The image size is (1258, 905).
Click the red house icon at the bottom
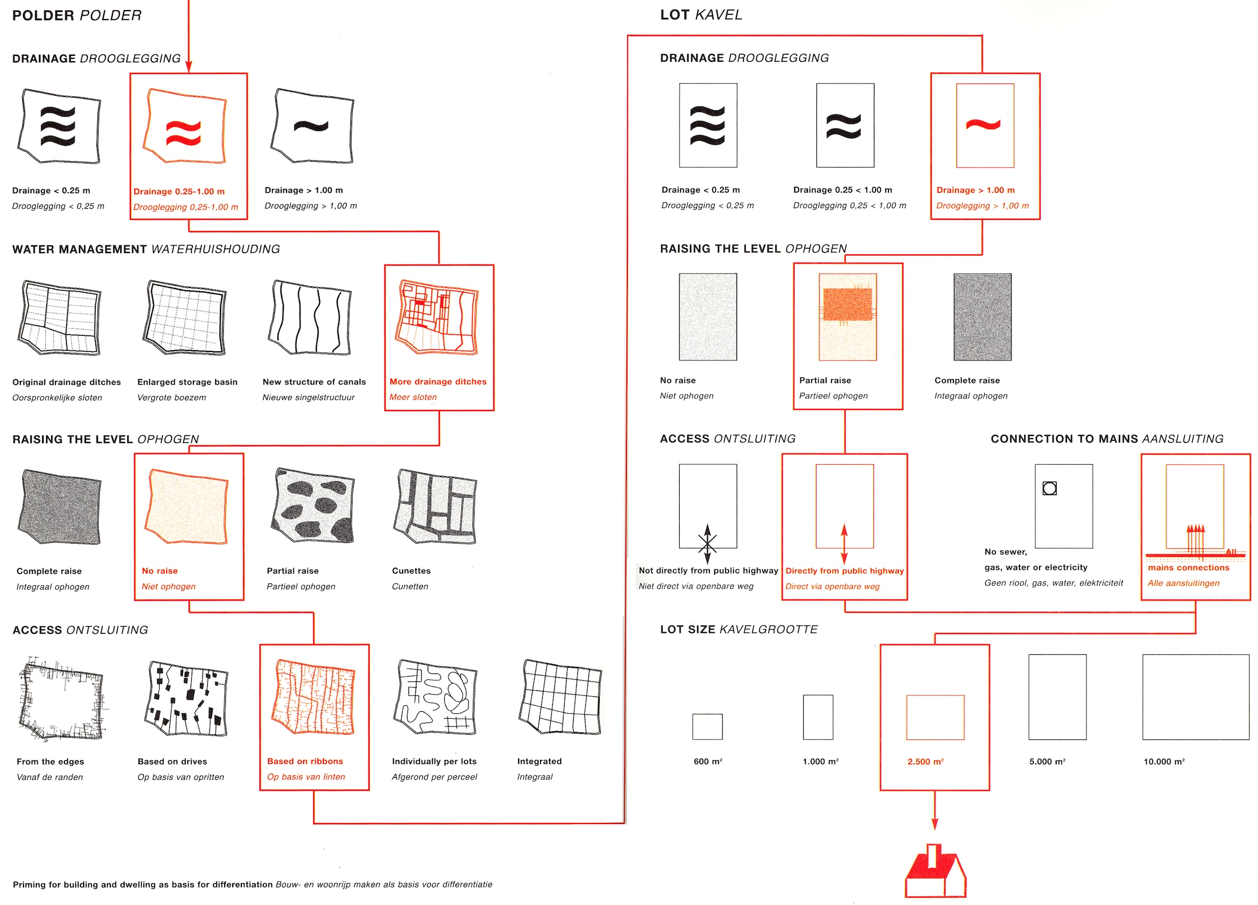pyautogui.click(x=935, y=874)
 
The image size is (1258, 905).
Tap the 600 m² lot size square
pyautogui.click(x=707, y=727)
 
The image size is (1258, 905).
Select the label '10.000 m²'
pyautogui.click(x=1164, y=761)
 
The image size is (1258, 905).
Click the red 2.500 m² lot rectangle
pyautogui.click(x=935, y=717)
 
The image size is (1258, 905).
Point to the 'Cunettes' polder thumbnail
pyautogui.click(x=436, y=506)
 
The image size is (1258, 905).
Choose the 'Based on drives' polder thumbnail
pyautogui.click(x=186, y=698)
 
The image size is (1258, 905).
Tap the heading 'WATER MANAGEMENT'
pyautogui.click(x=80, y=250)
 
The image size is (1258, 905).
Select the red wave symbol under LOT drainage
pyautogui.click(x=983, y=124)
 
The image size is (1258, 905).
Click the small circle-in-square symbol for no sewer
pyautogui.click(x=1049, y=488)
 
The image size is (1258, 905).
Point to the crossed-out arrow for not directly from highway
pyautogui.click(x=707, y=544)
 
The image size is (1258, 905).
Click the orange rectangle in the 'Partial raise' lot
pyautogui.click(x=847, y=305)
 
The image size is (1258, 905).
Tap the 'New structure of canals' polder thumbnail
pyautogui.click(x=311, y=318)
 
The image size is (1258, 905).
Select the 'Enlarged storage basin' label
pyautogui.click(x=187, y=382)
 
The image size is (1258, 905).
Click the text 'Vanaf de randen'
pyautogui.click(x=50, y=777)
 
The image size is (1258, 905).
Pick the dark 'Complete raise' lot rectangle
pyautogui.click(x=982, y=317)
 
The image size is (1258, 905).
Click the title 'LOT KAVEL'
pyautogui.click(x=700, y=15)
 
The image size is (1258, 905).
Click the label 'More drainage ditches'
pyautogui.click(x=438, y=382)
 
